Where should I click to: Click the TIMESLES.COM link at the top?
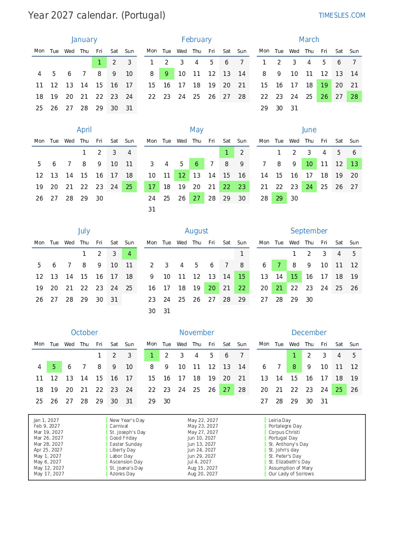pyautogui.click(x=342, y=15)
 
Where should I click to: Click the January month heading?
pyautogui.click(x=84, y=40)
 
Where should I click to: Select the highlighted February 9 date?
pyautogui.click(x=167, y=74)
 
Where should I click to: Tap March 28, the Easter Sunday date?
pyautogui.click(x=354, y=96)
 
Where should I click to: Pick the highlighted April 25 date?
pyautogui.click(x=129, y=187)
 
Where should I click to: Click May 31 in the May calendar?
pyautogui.click(x=152, y=209)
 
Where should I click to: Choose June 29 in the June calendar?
pyautogui.click(x=279, y=198)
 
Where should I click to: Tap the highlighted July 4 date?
pyautogui.click(x=129, y=254)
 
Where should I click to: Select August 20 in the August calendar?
pyautogui.click(x=212, y=288)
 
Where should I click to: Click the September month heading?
pyautogui.click(x=309, y=231)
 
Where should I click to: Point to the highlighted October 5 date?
pyautogui.click(x=54, y=367)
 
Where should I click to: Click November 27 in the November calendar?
pyautogui.click(x=227, y=390)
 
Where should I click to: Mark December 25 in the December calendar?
pyautogui.click(x=339, y=390)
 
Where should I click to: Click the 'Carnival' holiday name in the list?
pyautogui.click(x=119, y=426)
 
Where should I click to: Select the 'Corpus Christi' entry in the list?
pyautogui.click(x=284, y=432)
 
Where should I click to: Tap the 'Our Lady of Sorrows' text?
pyautogui.click(x=291, y=474)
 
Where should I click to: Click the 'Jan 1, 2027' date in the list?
pyautogui.click(x=46, y=420)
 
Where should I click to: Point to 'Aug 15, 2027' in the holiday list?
pyautogui.click(x=202, y=468)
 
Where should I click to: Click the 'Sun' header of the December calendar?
pyautogui.click(x=354, y=344)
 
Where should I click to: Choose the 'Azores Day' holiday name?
pyautogui.click(x=122, y=474)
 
